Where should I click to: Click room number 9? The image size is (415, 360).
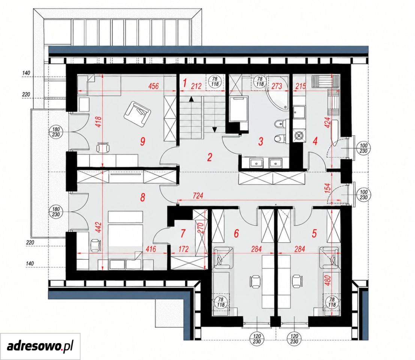pos(143,141)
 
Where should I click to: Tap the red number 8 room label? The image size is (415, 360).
pos(143,197)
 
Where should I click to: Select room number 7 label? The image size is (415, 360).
pos(183,233)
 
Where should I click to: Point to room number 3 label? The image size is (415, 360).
pos(261,141)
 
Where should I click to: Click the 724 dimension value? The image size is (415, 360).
pos(198,195)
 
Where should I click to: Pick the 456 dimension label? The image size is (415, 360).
pos(153,86)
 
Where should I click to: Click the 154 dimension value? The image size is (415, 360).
pos(328,188)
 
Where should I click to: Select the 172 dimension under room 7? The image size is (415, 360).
pos(183,249)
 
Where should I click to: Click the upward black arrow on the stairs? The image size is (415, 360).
pos(191,99)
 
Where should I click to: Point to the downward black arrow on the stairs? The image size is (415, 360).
pos(215,129)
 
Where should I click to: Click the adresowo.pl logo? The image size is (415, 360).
pos(40,346)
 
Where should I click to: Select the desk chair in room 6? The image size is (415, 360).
pos(255,282)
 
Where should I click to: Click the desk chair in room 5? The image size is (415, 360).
pos(297,282)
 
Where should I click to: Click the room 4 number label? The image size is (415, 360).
pos(315,141)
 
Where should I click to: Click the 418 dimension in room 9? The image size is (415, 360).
pos(99,122)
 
